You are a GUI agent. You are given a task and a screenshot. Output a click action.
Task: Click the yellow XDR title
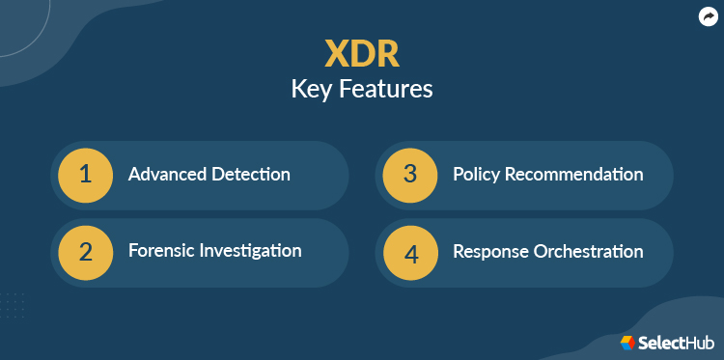pyautogui.click(x=362, y=54)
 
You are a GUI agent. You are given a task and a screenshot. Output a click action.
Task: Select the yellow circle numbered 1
pyautogui.click(x=85, y=175)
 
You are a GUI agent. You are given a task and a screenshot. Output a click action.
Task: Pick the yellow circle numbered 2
pyautogui.click(x=85, y=252)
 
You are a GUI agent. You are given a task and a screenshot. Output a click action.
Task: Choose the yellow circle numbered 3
pyautogui.click(x=409, y=175)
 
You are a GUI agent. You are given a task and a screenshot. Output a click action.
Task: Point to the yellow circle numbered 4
pyautogui.click(x=409, y=252)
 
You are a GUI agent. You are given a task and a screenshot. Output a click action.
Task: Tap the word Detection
pyautogui.click(x=251, y=175)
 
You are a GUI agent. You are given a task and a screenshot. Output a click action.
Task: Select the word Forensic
pyautogui.click(x=162, y=251)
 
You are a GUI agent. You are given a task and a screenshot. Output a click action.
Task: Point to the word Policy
pyautogui.click(x=477, y=175)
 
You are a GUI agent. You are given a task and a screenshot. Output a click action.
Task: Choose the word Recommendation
pyautogui.click(x=574, y=175)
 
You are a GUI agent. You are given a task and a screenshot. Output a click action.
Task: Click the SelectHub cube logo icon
pyautogui.click(x=627, y=342)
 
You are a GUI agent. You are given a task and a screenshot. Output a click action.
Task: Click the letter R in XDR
pyautogui.click(x=388, y=54)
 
